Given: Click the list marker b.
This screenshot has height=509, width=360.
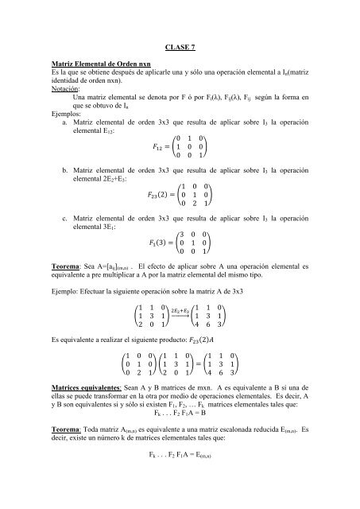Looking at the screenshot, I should click(x=64, y=171).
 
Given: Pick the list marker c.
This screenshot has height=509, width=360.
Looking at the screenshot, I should click(x=64, y=216).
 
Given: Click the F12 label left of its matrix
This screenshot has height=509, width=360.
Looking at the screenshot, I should click(x=161, y=148).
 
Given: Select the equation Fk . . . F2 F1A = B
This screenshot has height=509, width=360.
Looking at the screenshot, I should click(x=180, y=414).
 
